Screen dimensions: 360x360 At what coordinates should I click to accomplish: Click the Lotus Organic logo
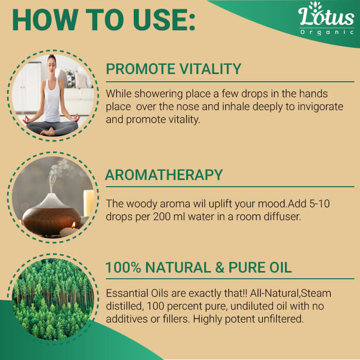(x=326, y=19)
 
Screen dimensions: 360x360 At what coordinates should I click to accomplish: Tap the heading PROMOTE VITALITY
(x=174, y=68)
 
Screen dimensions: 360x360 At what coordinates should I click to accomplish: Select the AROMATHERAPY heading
(x=164, y=175)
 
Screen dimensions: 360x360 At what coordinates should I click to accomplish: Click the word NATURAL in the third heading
(x=178, y=267)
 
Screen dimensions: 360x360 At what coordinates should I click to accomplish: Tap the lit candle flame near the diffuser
(x=74, y=225)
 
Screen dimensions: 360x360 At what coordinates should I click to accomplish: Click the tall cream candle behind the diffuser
(x=88, y=203)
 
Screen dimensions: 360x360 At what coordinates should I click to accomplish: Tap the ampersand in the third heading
(x=220, y=267)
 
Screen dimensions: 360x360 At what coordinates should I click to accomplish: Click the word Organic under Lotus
(x=327, y=32)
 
